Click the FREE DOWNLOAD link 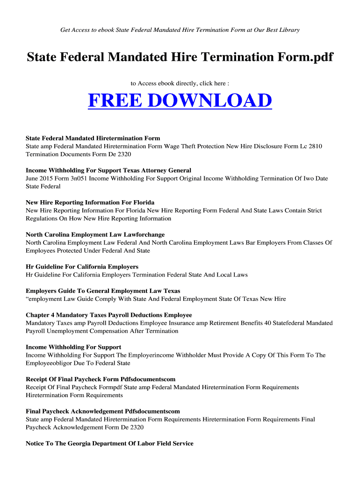point(180,101)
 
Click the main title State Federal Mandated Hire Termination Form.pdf point(180,58)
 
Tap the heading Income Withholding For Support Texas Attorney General point(108,170)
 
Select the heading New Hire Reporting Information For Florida point(90,203)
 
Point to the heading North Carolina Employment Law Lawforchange point(95,234)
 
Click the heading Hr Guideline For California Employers point(82,267)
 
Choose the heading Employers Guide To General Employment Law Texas point(103,291)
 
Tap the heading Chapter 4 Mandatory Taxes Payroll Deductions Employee point(108,315)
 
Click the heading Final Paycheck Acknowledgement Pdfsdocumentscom point(103,411)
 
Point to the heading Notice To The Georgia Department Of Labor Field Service point(109,443)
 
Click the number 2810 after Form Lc point(315,146)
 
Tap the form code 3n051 point(79,178)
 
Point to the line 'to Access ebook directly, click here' point(180,83)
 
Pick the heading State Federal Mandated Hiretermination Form point(93,138)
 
